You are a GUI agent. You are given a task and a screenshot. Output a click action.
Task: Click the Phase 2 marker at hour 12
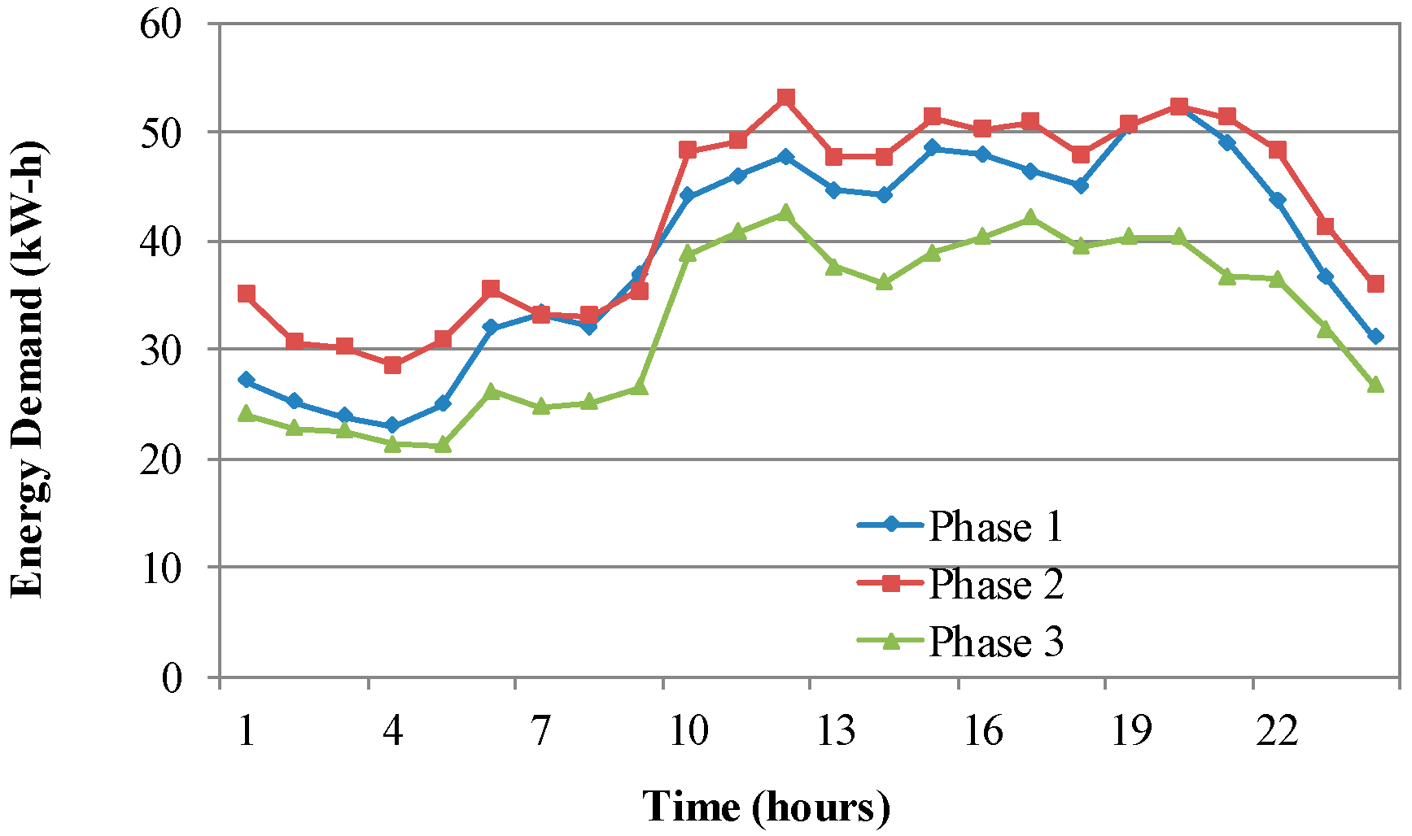(785, 98)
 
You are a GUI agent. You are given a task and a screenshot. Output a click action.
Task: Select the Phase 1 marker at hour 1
(246, 380)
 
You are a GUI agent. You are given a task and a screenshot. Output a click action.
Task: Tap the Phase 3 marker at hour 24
(1375, 384)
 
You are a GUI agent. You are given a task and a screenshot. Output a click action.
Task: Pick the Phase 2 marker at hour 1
(246, 294)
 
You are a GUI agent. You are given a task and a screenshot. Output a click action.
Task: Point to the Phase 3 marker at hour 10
(688, 254)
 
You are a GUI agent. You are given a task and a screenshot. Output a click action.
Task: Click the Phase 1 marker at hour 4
(393, 425)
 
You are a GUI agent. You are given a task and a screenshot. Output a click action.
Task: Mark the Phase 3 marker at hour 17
(1030, 217)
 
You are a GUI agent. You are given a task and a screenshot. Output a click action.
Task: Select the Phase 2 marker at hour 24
(1375, 284)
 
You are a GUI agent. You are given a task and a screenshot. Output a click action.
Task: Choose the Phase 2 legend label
(995, 584)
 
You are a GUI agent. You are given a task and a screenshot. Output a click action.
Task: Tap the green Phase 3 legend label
(995, 642)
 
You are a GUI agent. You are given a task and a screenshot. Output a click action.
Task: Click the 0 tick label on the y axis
(172, 677)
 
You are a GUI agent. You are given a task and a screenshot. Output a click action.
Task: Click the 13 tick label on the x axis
(836, 730)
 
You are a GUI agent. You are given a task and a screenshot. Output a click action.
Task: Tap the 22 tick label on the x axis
(1277, 730)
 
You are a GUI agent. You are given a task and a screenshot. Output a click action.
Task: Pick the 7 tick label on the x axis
(541, 730)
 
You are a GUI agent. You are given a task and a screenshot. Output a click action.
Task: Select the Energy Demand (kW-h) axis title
(28, 370)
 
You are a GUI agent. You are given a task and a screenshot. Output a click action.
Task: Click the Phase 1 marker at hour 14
(885, 195)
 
